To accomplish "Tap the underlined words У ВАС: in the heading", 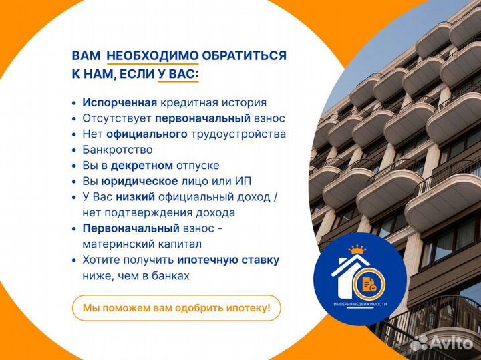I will (178, 74).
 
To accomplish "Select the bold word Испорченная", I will (120, 103).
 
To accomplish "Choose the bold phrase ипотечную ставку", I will (228, 260).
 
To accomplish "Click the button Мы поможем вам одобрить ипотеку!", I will (176, 308).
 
